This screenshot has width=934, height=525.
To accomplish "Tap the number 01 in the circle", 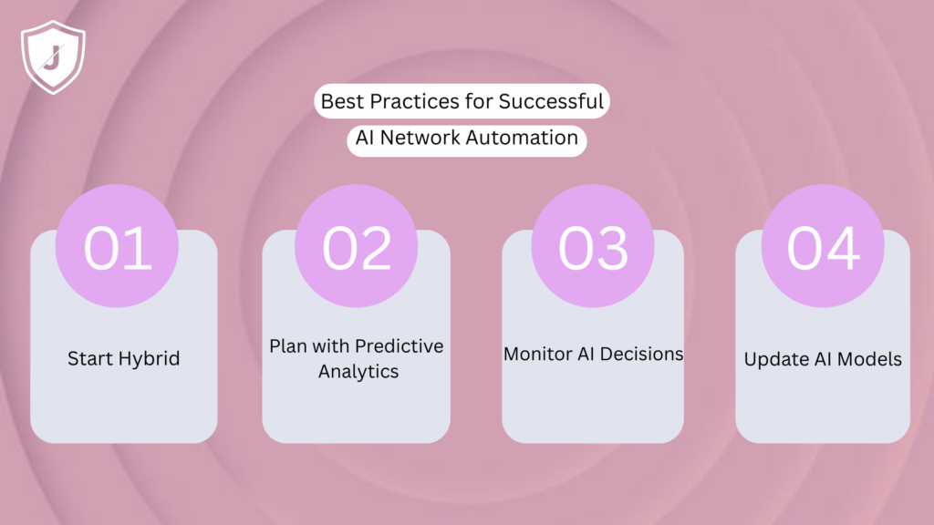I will coord(118,247).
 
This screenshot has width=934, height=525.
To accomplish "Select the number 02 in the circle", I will coord(357,247).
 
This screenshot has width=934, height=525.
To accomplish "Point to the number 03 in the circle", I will coord(593,247).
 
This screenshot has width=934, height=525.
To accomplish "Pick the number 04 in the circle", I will coord(824,247).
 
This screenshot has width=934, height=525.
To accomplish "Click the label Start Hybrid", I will coord(123,358).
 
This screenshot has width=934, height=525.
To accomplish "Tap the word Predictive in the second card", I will coord(399,346).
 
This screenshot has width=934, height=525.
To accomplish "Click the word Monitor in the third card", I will coord(536,354).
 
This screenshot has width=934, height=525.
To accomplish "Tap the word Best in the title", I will coord(341,101).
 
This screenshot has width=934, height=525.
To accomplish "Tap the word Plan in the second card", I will coord(287,346).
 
